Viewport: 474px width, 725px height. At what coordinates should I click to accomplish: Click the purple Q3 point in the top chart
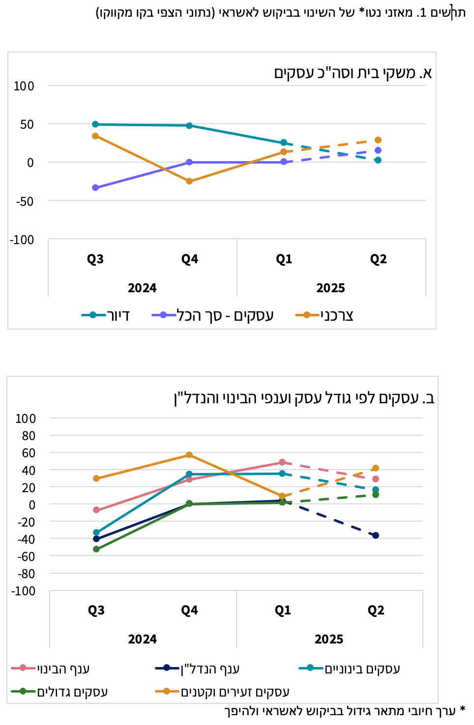(x=95, y=188)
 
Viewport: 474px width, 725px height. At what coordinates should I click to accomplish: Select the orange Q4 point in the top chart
(x=189, y=181)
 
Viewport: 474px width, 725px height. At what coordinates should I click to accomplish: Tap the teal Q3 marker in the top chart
(x=95, y=124)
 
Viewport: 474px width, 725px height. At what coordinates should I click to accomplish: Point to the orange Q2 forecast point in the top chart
(x=378, y=140)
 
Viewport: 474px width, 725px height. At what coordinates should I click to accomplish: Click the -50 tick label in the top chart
(x=25, y=201)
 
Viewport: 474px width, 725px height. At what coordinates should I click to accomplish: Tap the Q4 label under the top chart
(x=189, y=259)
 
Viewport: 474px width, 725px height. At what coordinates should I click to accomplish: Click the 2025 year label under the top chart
(x=330, y=288)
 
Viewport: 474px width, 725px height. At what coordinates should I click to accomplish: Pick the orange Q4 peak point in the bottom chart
(x=189, y=455)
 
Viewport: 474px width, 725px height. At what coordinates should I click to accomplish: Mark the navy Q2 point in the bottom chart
(x=376, y=535)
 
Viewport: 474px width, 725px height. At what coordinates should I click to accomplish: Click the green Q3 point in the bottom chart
(x=96, y=549)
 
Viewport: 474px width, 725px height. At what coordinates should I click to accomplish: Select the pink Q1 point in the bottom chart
(x=282, y=462)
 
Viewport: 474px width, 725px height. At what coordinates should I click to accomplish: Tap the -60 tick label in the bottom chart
(x=26, y=557)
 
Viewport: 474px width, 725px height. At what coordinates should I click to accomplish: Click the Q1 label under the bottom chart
(x=283, y=611)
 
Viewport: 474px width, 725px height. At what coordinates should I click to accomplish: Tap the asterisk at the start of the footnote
(x=462, y=710)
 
